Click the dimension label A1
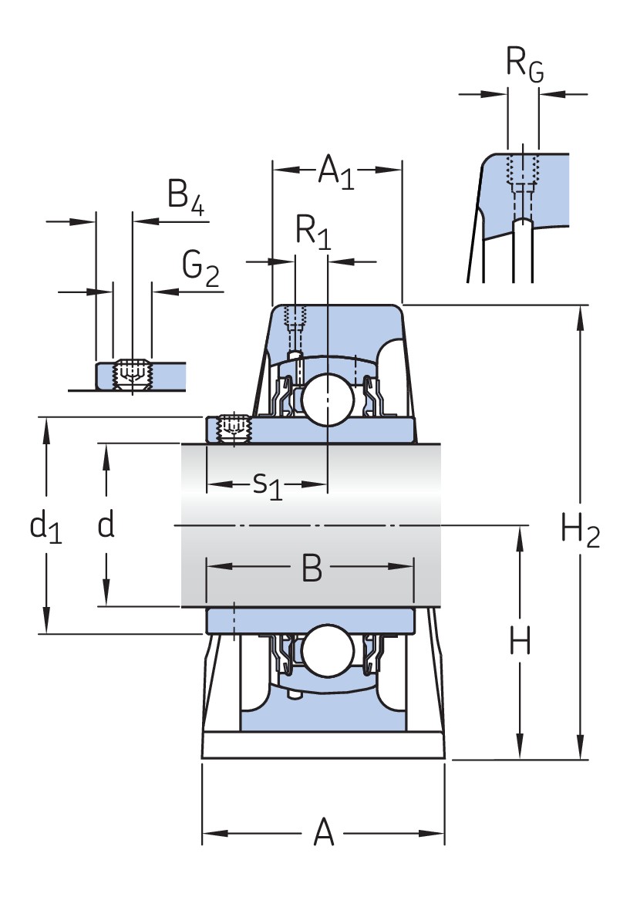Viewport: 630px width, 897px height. coord(336,172)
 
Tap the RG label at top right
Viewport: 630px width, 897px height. coord(524,64)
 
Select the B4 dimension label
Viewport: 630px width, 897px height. coord(185,197)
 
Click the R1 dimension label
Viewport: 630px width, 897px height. coord(313,232)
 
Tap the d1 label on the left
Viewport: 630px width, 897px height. coord(45,527)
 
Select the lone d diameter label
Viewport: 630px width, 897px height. coord(106,525)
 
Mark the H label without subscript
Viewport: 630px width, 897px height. coord(521,642)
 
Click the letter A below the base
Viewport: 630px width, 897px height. coord(324,834)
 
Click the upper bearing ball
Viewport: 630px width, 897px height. coord(327,398)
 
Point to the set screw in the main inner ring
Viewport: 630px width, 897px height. coord(234,428)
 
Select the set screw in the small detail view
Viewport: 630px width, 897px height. coord(132,373)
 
